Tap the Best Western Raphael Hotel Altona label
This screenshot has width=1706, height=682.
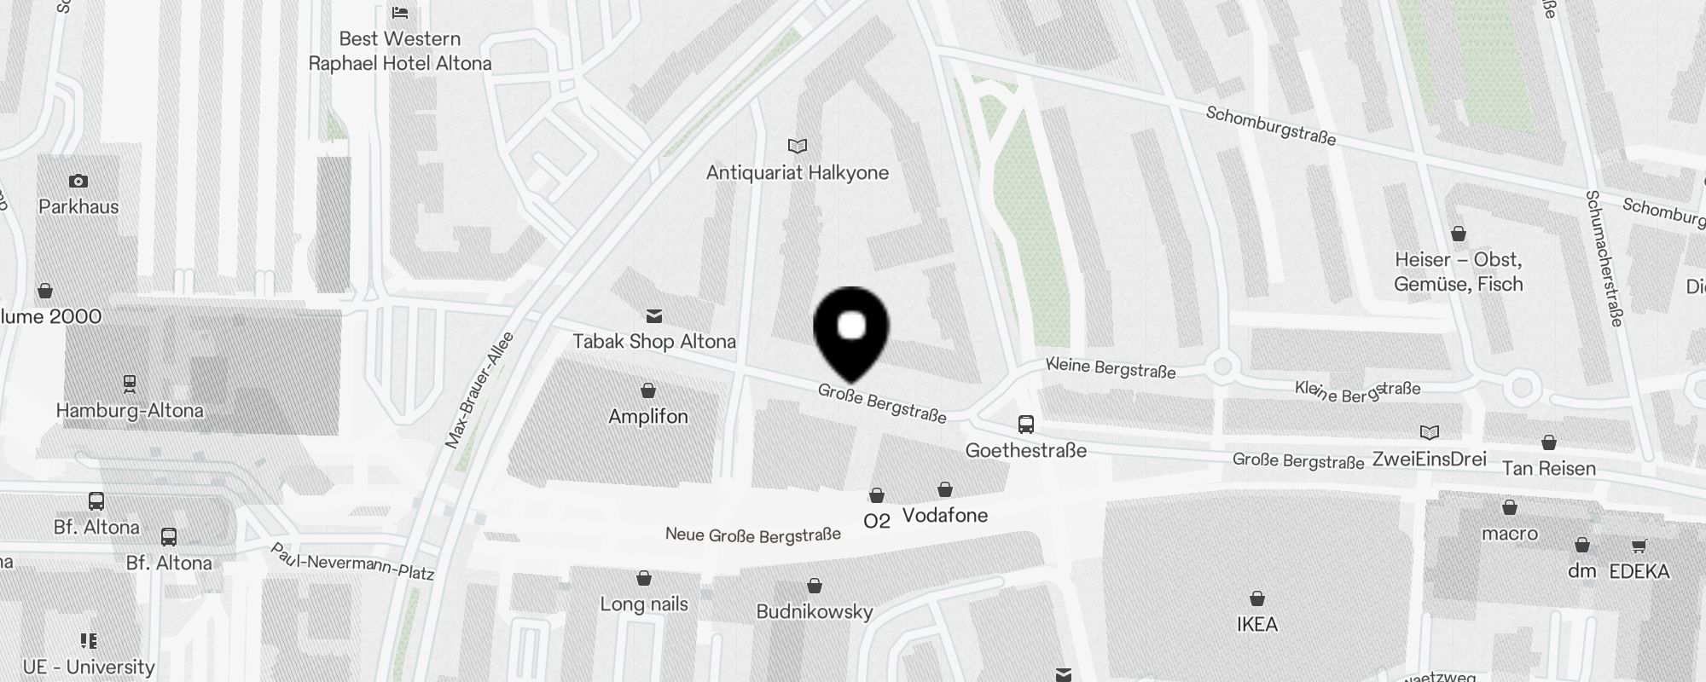pos(399,51)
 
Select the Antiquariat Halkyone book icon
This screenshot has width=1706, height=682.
pos(798,147)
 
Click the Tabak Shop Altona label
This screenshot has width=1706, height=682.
pos(653,342)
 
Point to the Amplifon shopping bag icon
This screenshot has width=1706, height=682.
pos(648,391)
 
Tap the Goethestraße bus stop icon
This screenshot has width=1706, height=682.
pos(1026,424)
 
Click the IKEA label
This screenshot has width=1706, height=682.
pos(1257,625)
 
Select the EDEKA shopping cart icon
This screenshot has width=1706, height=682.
pos(1639,546)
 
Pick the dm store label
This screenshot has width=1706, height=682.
pos(1581,571)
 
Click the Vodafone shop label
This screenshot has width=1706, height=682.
pos(945,516)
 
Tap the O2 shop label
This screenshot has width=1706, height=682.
pos(877,521)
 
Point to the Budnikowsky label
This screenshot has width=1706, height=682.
pos(815,612)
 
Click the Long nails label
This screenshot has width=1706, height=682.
pos(644,604)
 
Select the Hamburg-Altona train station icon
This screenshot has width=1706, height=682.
pos(130,384)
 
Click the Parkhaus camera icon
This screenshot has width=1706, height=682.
pos(78,181)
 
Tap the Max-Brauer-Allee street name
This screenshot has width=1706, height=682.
pos(479,390)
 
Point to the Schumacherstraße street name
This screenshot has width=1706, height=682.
pos(1604,258)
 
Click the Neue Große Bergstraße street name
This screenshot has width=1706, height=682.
pos(753,535)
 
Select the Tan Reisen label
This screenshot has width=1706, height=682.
pos(1548,468)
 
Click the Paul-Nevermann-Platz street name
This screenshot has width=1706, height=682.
pos(352,561)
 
